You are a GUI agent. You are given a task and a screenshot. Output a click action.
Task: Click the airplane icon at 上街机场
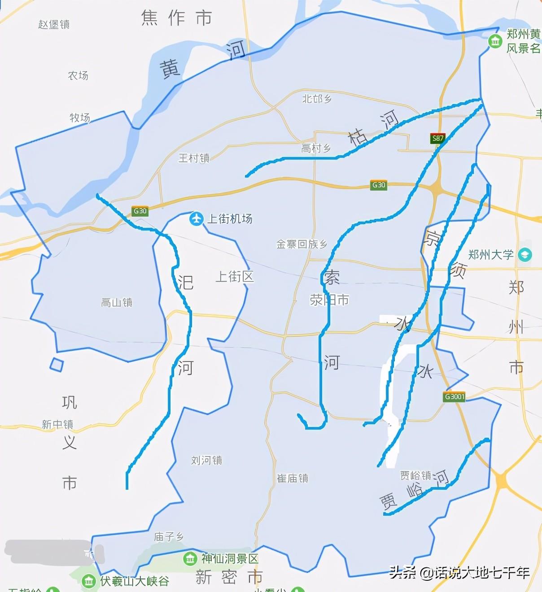click(197, 219)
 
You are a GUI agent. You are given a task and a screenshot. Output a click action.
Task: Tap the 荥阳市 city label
click(329, 300)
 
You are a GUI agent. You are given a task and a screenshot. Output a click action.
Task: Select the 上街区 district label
click(235, 277)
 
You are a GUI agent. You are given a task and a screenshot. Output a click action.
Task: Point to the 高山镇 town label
click(117, 303)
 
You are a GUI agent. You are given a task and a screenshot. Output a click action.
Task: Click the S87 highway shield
click(437, 138)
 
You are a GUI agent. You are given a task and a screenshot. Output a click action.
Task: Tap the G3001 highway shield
click(454, 397)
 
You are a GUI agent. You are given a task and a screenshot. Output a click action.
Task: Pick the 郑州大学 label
click(491, 255)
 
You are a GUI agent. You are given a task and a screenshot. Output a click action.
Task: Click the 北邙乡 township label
click(317, 99)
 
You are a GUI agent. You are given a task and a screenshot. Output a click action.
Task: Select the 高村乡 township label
click(316, 148)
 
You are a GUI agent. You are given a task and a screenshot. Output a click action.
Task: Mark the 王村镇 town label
click(194, 158)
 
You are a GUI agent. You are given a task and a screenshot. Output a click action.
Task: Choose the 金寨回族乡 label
click(302, 244)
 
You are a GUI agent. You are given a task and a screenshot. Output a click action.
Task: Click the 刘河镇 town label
click(206, 460)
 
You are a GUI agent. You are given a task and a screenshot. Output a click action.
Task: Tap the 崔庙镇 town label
click(293, 478)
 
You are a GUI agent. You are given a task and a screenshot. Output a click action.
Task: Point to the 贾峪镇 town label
click(415, 475)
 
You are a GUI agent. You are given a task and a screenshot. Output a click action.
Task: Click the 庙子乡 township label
click(169, 536)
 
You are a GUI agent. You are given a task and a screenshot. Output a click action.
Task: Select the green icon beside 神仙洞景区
click(190, 559)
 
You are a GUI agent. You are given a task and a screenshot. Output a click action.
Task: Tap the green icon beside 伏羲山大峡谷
click(89, 581)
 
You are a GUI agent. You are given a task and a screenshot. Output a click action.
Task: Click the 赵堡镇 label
click(54, 24)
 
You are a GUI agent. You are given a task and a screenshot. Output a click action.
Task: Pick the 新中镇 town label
click(57, 424)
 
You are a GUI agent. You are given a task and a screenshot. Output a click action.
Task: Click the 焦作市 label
click(176, 18)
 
